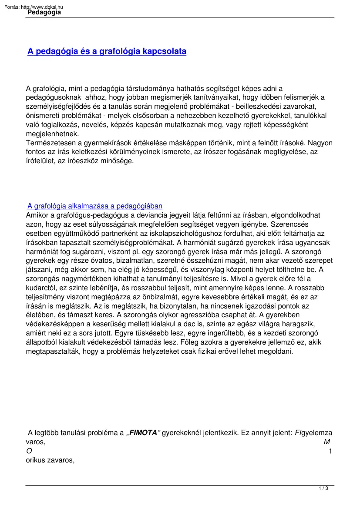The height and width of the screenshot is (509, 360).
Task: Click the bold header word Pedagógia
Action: (44, 13)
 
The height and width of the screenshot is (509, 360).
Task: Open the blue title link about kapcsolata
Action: (107, 51)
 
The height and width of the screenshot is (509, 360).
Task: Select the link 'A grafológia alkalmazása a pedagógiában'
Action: (95, 206)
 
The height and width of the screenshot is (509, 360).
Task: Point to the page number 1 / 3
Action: (323, 489)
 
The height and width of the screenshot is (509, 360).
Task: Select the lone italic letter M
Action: (326, 442)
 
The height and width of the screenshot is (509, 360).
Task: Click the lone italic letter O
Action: (29, 451)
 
